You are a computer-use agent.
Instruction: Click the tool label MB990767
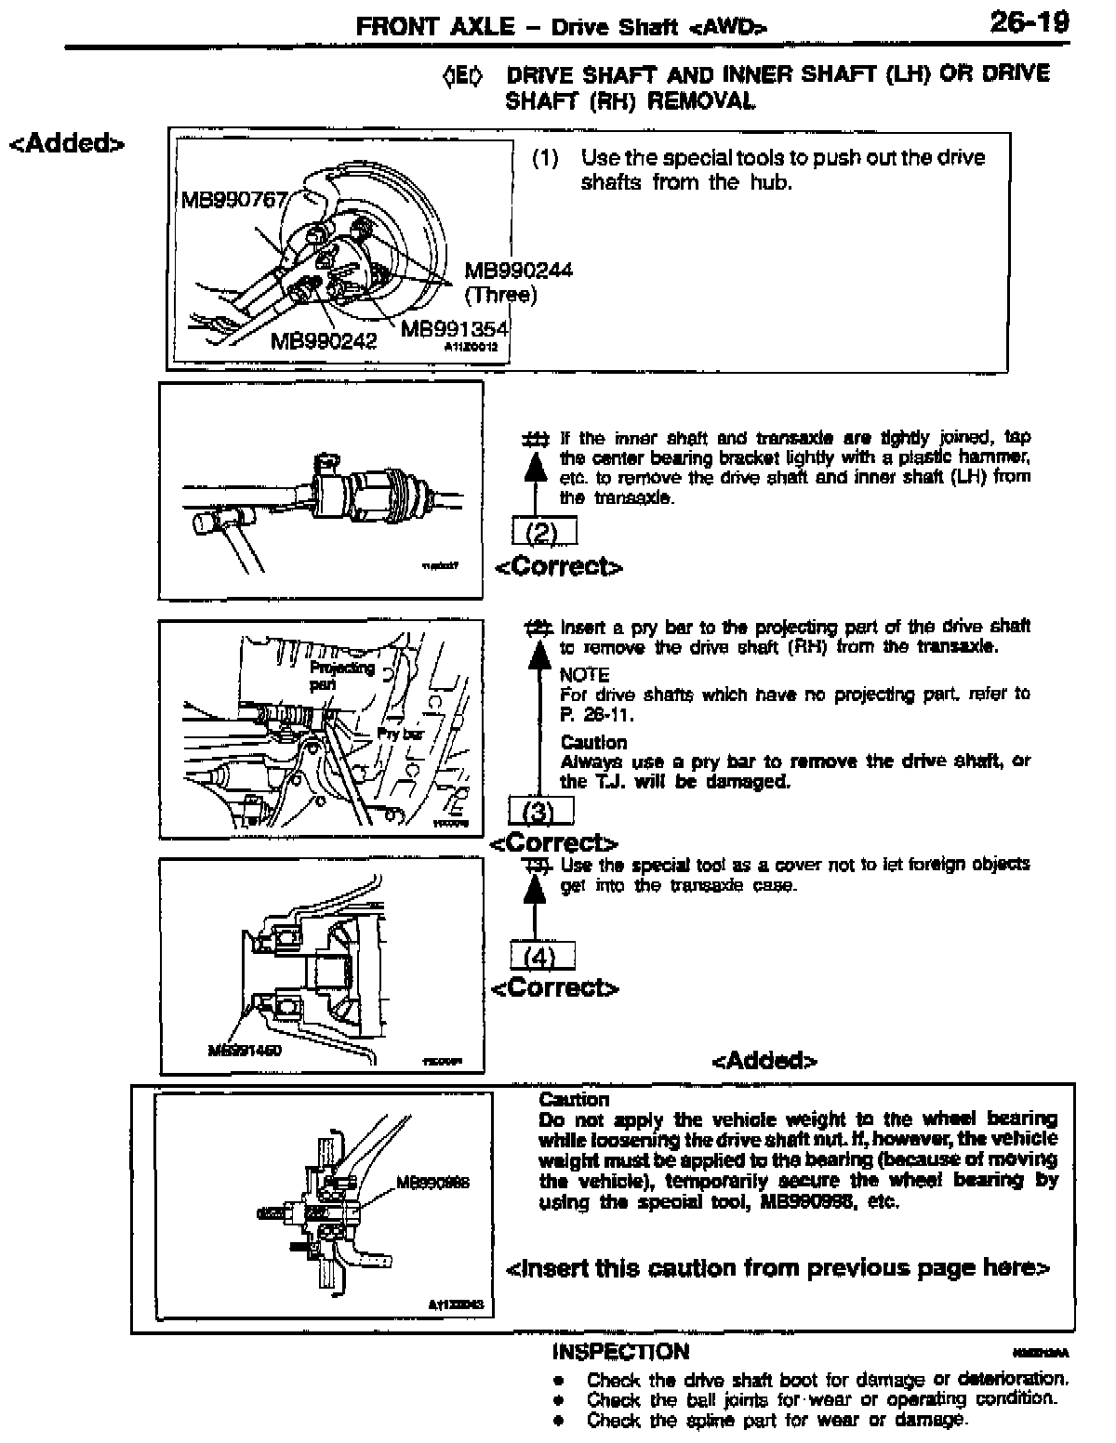click(x=232, y=202)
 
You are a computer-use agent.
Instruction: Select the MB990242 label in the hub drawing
click(x=323, y=341)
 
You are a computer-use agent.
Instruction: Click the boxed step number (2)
click(x=544, y=533)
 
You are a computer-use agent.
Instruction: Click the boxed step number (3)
click(x=540, y=812)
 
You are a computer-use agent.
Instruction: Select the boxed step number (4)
click(x=542, y=956)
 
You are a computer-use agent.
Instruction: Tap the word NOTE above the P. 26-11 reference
click(x=585, y=675)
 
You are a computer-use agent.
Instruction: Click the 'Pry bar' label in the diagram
click(x=400, y=735)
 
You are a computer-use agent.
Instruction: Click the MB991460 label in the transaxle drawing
click(x=245, y=1051)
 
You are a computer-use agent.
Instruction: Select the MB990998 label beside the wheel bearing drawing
click(x=432, y=1183)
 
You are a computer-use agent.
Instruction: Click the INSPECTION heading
click(x=620, y=1352)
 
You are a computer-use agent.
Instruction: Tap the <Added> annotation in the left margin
click(x=66, y=144)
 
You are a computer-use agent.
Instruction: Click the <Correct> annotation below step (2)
click(x=558, y=567)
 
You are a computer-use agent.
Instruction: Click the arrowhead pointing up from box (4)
click(x=534, y=891)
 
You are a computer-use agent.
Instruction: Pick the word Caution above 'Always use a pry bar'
click(x=593, y=742)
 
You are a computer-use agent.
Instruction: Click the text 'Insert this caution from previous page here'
click(x=777, y=1268)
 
